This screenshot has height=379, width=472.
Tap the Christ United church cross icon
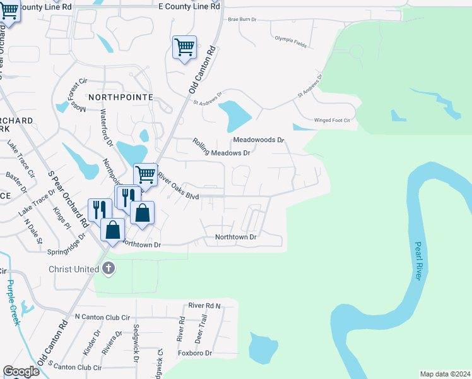click(x=109, y=268)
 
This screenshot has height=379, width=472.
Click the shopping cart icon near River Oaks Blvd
click(x=146, y=174)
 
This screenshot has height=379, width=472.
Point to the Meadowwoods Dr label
click(x=259, y=140)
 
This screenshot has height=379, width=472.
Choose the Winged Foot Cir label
click(x=332, y=120)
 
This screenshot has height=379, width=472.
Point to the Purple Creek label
click(x=13, y=302)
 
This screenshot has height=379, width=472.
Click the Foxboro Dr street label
click(x=194, y=353)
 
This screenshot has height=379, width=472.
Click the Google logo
click(x=21, y=371)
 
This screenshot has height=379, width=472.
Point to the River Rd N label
click(x=206, y=306)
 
